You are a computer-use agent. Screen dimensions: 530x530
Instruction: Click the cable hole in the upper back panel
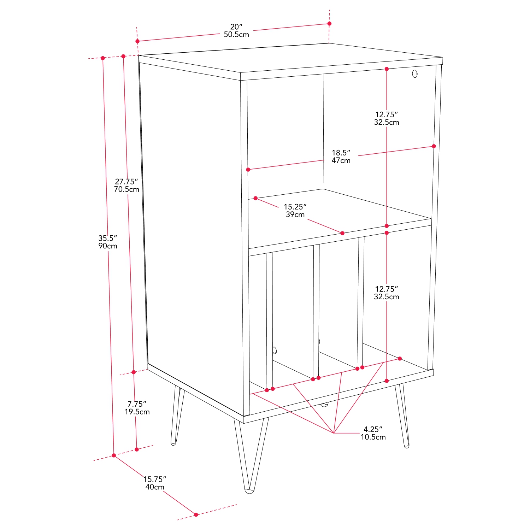(x=415, y=74)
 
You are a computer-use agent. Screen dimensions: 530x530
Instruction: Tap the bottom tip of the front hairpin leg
(x=250, y=490)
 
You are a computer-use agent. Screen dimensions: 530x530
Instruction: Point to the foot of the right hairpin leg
(x=406, y=446)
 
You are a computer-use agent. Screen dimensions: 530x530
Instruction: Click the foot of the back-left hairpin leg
(x=173, y=443)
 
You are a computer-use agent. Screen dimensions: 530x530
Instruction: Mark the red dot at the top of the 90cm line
(x=103, y=58)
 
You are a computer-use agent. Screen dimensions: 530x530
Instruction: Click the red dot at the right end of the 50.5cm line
(x=329, y=24)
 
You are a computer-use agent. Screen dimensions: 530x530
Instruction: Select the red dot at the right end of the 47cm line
(x=434, y=146)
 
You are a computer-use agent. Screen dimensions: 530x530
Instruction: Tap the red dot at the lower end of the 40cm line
(x=196, y=514)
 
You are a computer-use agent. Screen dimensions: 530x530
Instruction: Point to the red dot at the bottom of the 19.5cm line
(x=137, y=449)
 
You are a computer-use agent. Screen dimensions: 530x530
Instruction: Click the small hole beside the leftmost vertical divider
(x=275, y=351)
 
